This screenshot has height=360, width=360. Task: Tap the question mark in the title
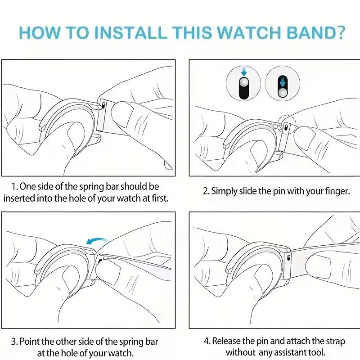tap(340, 33)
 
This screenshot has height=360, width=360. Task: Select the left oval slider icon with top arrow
tap(243, 84)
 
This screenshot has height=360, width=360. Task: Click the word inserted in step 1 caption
tap(20, 198)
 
